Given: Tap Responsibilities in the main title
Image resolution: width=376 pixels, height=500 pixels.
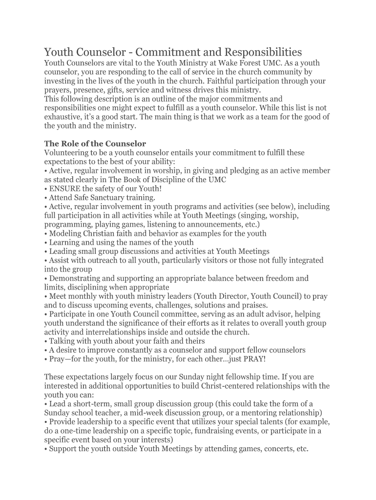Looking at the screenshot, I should tap(254, 52).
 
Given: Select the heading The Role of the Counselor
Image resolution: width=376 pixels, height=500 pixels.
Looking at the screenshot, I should tap(95, 144).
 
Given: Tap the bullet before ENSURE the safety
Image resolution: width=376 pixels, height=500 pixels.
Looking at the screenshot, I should tap(46, 189).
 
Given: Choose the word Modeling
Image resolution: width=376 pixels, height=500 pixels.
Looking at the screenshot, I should tap(65, 233).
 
